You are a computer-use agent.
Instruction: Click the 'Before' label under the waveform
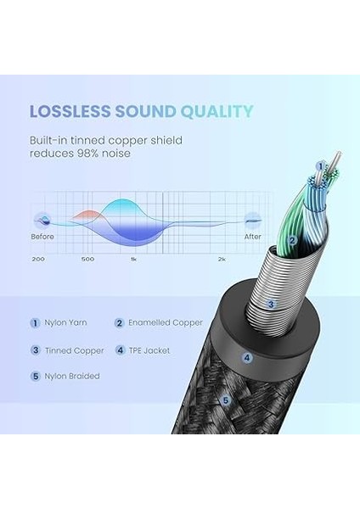point(42,236)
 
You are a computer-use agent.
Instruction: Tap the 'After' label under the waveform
point(252,236)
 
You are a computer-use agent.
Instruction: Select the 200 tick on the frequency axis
point(37,258)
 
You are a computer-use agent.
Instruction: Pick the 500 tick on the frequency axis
point(87,258)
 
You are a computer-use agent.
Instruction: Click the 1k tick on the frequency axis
point(133,258)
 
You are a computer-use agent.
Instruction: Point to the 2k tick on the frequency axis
point(222,258)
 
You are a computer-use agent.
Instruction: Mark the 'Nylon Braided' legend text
point(71,377)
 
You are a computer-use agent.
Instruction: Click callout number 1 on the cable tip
point(321,166)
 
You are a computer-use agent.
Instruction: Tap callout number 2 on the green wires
point(292,240)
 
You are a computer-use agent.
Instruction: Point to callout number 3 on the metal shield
point(271,303)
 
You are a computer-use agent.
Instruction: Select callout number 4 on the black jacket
point(246,358)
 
